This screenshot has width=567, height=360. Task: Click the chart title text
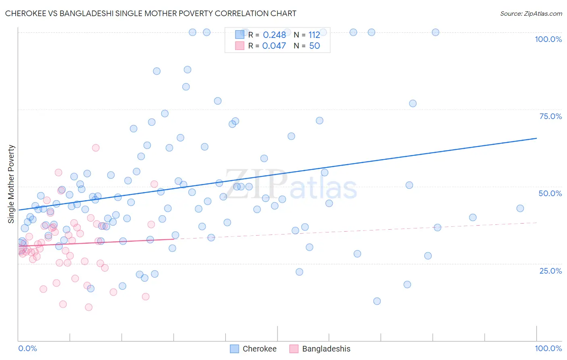tap(150, 13)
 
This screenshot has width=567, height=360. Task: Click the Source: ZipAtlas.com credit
tap(531, 13)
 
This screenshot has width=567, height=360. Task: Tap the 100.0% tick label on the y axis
tap(548, 39)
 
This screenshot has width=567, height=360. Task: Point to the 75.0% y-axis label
tap(550, 116)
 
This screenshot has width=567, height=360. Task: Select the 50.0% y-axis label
tap(550, 193)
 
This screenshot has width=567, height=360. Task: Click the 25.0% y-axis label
tap(550, 271)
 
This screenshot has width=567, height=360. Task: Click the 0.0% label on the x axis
tap(27, 348)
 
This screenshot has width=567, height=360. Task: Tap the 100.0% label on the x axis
tap(548, 348)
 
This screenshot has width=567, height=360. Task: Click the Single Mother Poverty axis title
tap(11, 184)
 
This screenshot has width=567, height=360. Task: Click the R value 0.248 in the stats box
tap(274, 35)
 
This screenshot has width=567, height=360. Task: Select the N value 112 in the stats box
tap(314, 35)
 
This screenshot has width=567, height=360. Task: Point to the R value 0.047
tap(274, 46)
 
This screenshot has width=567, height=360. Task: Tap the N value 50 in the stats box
tap(314, 46)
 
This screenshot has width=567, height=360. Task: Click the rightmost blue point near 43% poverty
tap(520, 208)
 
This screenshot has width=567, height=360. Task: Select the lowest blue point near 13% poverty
tap(377, 301)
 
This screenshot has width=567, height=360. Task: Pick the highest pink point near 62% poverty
tap(96, 148)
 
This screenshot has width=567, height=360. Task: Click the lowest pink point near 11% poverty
tap(89, 307)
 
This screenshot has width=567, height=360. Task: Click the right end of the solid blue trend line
tap(536, 138)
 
